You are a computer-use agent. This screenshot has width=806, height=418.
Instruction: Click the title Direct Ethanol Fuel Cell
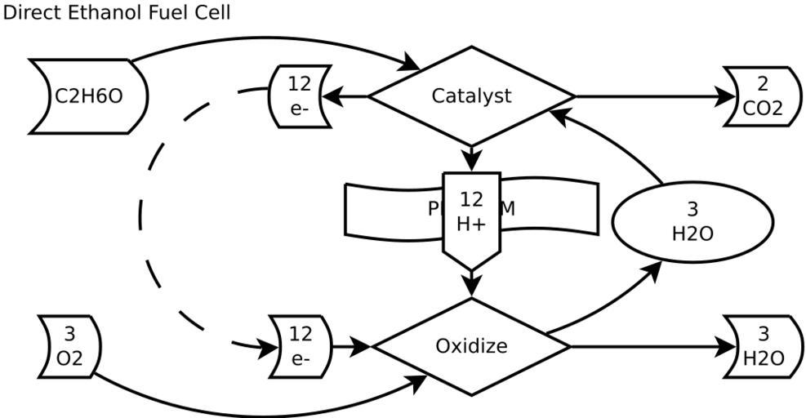(116, 12)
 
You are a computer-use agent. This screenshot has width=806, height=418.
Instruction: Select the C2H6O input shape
(88, 96)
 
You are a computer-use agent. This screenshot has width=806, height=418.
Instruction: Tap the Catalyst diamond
(471, 96)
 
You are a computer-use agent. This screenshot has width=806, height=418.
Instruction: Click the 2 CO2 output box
(762, 96)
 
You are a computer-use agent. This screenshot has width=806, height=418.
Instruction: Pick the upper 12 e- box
(300, 96)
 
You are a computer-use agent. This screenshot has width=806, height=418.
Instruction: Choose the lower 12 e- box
(301, 345)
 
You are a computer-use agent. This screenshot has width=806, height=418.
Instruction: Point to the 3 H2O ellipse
(692, 222)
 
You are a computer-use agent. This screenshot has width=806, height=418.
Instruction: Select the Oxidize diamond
(471, 346)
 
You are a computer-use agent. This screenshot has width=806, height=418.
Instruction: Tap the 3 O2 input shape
(69, 346)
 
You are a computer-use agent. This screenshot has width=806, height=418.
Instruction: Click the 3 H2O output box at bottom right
(763, 346)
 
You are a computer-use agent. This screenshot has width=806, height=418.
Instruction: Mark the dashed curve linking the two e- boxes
(142, 216)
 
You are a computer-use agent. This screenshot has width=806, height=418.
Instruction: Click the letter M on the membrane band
(507, 207)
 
